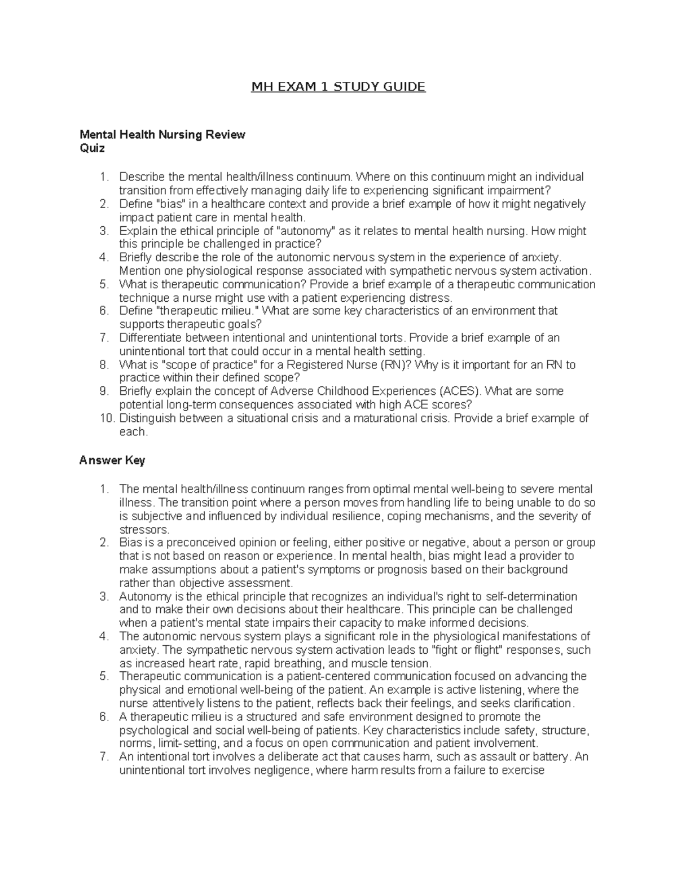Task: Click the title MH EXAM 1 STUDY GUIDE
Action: (338, 87)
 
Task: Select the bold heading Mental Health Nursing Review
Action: (162, 135)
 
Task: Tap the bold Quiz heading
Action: (92, 148)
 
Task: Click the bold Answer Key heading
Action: (112, 460)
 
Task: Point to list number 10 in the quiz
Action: (106, 418)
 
